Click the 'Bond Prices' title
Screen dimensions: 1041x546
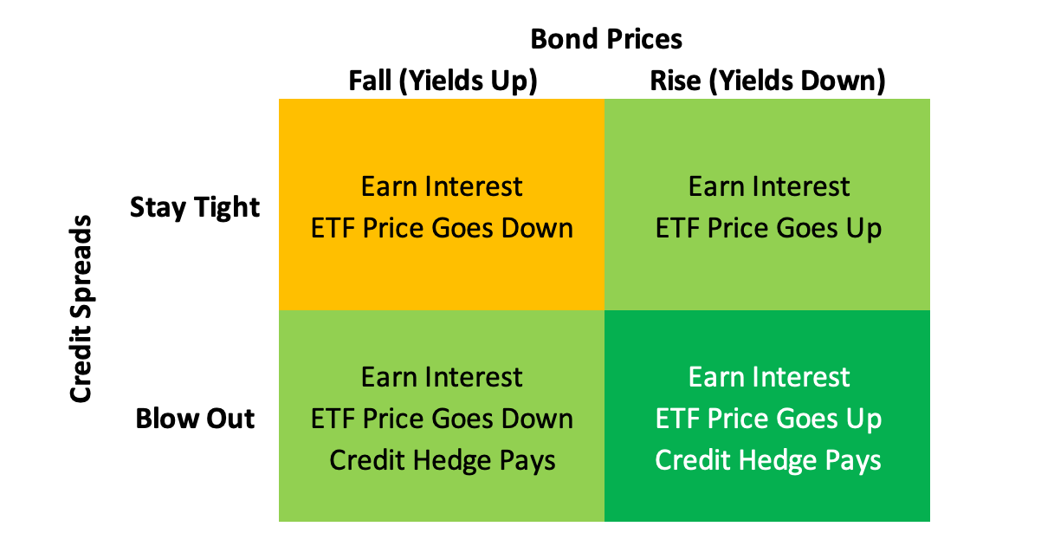(x=606, y=39)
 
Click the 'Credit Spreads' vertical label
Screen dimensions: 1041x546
(x=81, y=309)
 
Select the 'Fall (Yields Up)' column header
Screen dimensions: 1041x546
(x=443, y=81)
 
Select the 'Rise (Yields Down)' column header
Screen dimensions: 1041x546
(x=767, y=81)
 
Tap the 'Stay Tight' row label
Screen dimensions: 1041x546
(x=195, y=207)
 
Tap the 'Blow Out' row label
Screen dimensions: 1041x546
(x=195, y=419)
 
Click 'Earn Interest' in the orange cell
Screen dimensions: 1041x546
(x=442, y=186)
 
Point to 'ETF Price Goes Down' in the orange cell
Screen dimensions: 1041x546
(x=442, y=228)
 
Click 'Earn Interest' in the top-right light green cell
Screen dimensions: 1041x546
(x=769, y=186)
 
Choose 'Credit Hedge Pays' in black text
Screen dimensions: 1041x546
(x=443, y=461)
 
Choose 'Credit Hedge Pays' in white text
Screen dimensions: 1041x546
(x=768, y=461)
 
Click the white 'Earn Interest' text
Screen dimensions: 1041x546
(x=769, y=377)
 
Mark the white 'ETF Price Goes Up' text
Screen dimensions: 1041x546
(x=769, y=419)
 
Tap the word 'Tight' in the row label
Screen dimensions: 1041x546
(x=227, y=207)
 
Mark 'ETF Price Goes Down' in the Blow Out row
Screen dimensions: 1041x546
(x=442, y=419)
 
